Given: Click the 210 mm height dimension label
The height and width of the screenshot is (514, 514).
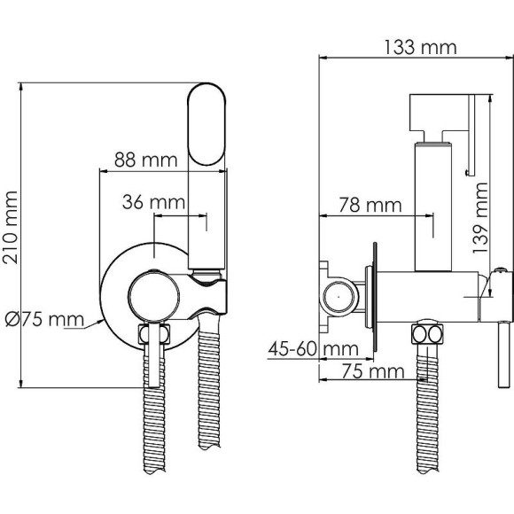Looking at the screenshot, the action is click(10, 227).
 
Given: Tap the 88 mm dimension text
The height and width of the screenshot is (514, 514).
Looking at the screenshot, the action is click(146, 160).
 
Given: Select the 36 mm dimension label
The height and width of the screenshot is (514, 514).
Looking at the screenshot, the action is click(153, 202).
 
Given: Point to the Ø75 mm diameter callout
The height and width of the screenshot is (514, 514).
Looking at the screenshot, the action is click(44, 320).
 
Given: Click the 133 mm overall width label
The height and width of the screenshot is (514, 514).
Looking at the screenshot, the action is click(420, 48).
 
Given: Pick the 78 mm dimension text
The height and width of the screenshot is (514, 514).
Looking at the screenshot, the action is click(370, 206).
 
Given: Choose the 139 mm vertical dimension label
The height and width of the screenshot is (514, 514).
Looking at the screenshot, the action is click(480, 218).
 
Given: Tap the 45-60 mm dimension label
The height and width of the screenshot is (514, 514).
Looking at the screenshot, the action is click(314, 349).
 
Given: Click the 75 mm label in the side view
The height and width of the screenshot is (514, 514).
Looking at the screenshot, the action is click(373, 371).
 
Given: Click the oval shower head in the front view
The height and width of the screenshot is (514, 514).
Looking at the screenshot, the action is click(206, 124).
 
